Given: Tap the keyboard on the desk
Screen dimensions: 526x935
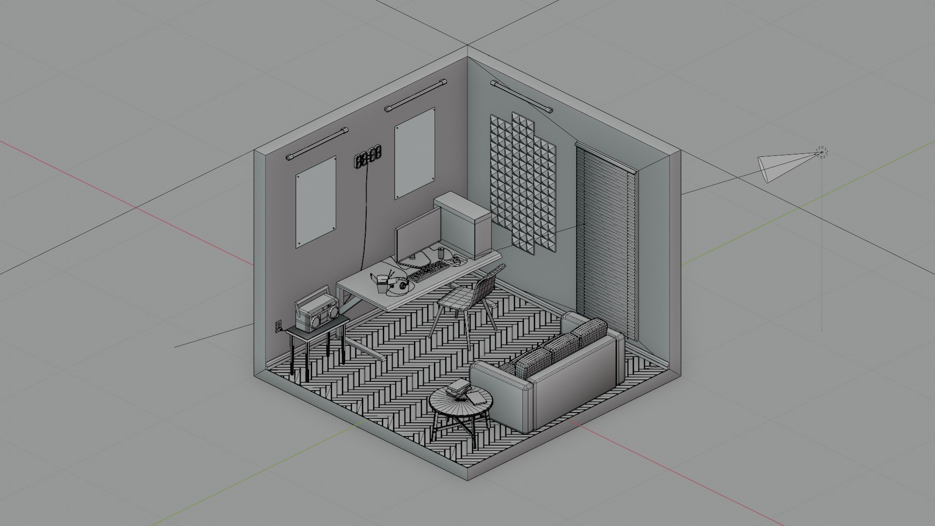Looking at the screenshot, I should click(428, 271).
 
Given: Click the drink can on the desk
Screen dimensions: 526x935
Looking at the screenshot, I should click(441, 253).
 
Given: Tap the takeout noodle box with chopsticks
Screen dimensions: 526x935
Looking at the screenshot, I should click(381, 283).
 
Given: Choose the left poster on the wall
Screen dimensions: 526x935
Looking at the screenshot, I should click(316, 201).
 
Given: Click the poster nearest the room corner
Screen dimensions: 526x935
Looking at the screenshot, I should click(414, 153).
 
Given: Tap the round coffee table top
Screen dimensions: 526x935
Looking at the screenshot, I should click(461, 401).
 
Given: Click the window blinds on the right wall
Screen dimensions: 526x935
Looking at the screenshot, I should click(606, 241).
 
